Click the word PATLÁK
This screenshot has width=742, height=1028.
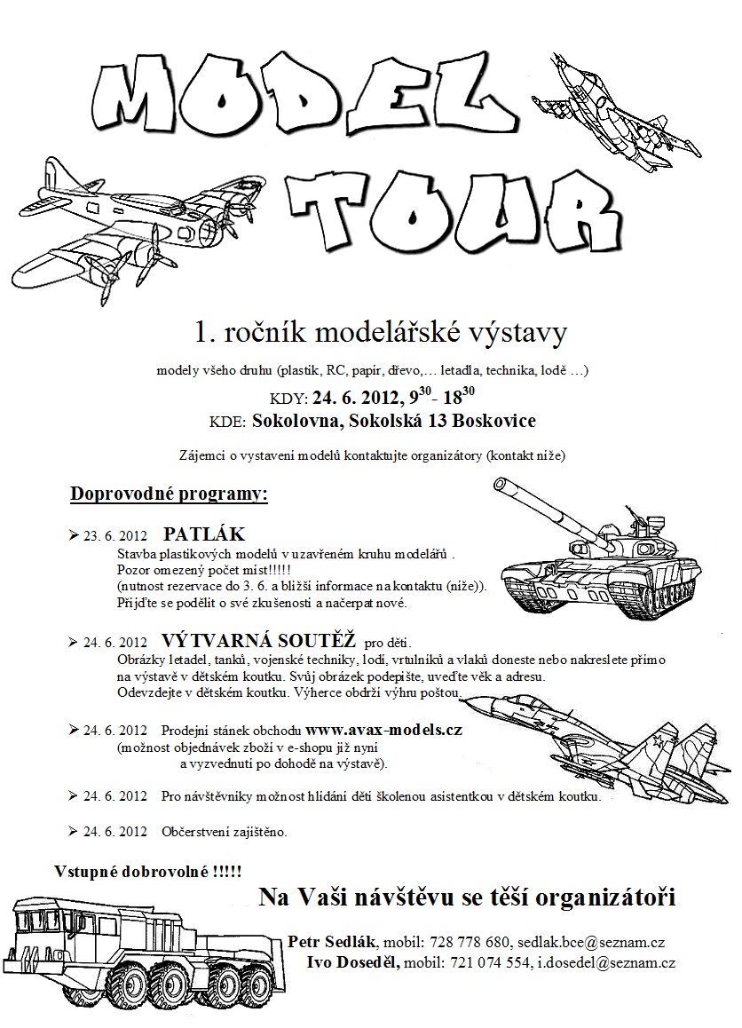tap(203, 535)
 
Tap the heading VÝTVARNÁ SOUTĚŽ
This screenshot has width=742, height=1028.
tap(259, 641)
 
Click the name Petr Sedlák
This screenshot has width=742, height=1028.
tap(333, 942)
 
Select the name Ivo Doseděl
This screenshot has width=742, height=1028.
tap(353, 962)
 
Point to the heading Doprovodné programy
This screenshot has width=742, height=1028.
tap(169, 493)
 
